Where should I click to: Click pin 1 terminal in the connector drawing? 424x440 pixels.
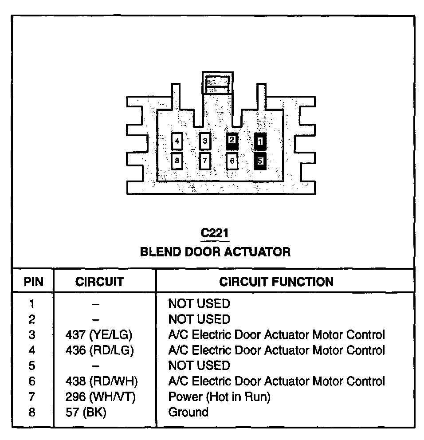coord(260,141)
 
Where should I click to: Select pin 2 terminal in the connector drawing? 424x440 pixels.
coord(232,141)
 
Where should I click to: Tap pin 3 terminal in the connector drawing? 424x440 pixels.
coord(204,142)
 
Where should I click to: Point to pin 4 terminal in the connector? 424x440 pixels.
coord(177,142)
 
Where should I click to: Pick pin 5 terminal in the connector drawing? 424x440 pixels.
coord(260,161)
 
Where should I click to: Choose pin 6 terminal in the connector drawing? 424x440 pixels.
coord(232,161)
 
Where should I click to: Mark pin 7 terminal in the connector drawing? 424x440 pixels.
coord(204,161)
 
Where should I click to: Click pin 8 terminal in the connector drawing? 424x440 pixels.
coord(177,161)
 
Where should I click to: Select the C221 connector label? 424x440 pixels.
coord(215,233)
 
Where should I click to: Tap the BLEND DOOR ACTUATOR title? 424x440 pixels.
coord(215,252)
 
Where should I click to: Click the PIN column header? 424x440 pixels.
coord(33,282)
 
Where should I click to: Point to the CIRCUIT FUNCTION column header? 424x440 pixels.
coord(276,282)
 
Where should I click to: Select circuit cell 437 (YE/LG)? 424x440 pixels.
coord(99,335)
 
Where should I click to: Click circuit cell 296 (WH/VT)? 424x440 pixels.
coord(100,397)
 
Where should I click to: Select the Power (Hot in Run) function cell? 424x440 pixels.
coord(219,397)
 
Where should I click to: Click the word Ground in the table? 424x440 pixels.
coord(188,412)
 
